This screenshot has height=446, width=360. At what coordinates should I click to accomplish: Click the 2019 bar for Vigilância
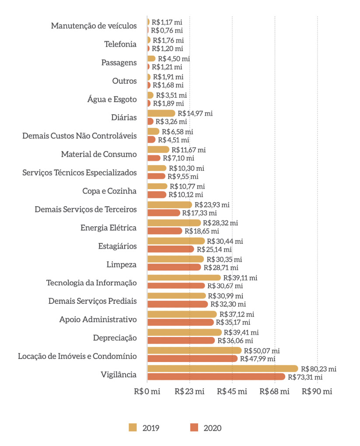(x=222, y=369)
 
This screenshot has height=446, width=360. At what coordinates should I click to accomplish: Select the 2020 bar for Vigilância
(x=216, y=377)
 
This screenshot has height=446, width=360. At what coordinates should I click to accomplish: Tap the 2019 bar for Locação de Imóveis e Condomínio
(x=194, y=350)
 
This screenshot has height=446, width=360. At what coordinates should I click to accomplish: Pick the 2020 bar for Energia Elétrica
(x=164, y=231)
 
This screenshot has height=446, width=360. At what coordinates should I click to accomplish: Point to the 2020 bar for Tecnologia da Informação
(x=176, y=286)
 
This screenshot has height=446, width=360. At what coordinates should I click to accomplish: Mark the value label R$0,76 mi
(x=167, y=30)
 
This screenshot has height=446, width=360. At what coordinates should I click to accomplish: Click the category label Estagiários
(x=117, y=246)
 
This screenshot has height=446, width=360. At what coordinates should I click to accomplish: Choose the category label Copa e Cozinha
(x=109, y=191)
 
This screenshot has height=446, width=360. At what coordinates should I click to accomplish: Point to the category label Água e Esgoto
(x=112, y=99)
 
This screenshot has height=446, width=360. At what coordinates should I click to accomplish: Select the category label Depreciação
(x=115, y=337)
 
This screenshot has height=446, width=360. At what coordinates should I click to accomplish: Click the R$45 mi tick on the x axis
(x=232, y=391)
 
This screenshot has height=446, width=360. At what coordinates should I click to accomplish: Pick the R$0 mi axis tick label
(x=147, y=391)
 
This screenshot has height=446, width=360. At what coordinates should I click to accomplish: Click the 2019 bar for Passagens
(x=151, y=58)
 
